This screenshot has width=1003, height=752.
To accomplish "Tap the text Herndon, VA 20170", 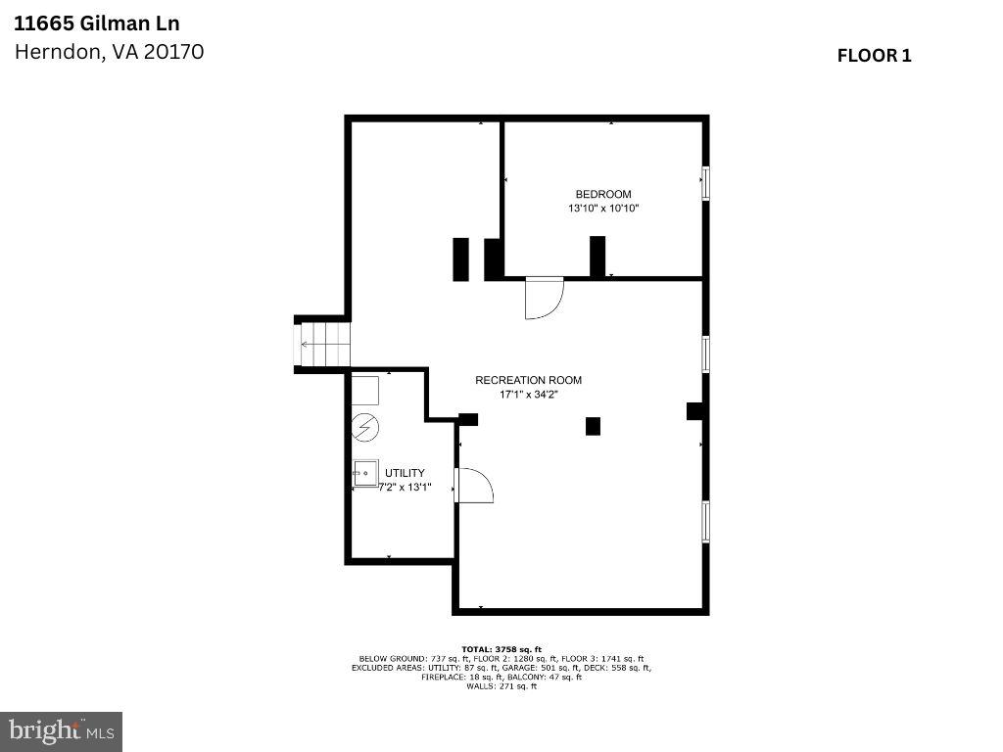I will point(109,52).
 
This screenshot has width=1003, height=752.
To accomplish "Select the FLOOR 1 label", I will point(874,56).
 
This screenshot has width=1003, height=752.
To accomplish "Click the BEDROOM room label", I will point(603,194).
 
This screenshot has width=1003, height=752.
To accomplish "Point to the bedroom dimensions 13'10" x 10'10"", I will point(603,209).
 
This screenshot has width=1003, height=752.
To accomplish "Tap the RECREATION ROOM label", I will point(528,380).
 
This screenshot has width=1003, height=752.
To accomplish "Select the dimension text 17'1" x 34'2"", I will point(529,395).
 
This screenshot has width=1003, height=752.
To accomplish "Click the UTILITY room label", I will point(405,473).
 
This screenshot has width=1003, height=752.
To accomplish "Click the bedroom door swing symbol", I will point(544,298).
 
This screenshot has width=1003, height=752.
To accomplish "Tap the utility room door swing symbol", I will point(474,486).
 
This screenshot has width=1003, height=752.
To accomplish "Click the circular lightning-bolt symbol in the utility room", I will point(365,427).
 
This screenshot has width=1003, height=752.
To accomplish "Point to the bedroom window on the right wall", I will point(705,184).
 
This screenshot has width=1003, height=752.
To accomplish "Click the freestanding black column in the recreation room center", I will point(593,426).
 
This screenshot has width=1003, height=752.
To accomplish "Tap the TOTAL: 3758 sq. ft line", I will point(501,649).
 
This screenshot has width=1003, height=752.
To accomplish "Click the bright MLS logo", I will point(61,730).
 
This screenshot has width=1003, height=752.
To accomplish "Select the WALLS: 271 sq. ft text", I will point(501,686).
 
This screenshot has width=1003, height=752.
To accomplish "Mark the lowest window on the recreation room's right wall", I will point(705,522).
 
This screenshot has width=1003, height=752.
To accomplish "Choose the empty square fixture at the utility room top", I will point(365,391).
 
